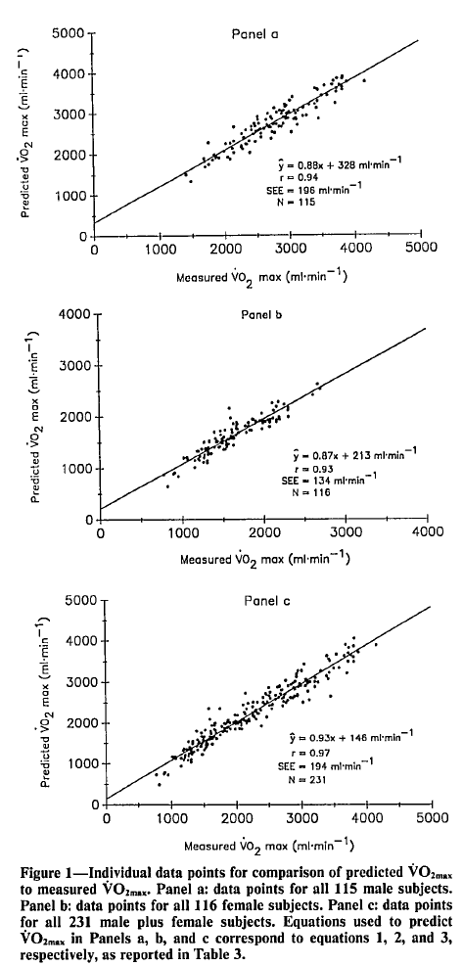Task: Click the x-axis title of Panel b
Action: pos(255,561)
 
